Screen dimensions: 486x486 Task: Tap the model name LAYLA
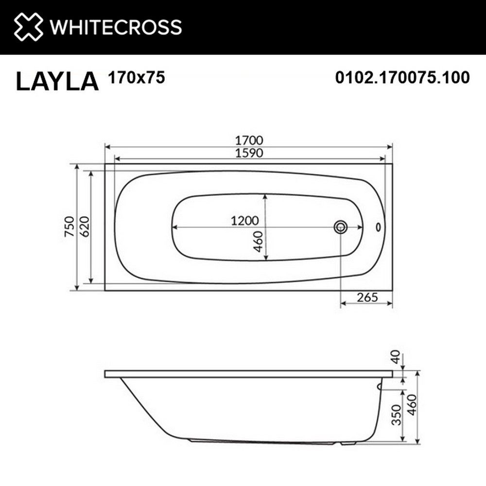[x=57, y=81]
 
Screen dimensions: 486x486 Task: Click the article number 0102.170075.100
[x=402, y=77]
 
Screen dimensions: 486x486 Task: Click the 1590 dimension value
[x=249, y=153]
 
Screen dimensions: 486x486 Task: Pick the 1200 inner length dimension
[x=244, y=221]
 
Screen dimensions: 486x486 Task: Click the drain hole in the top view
[x=341, y=226]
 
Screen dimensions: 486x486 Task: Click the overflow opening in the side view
[x=380, y=387]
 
